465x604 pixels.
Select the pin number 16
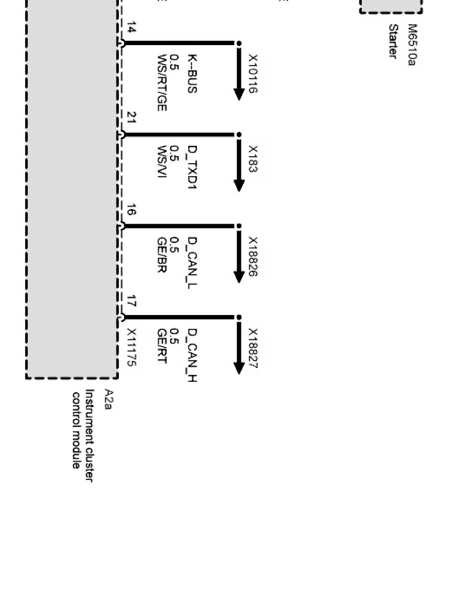click(131, 210)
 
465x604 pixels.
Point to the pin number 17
click(131, 301)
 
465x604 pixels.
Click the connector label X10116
click(253, 73)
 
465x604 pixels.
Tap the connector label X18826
click(253, 256)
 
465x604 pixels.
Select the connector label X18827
click(253, 348)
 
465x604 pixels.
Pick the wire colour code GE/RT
click(161, 349)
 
